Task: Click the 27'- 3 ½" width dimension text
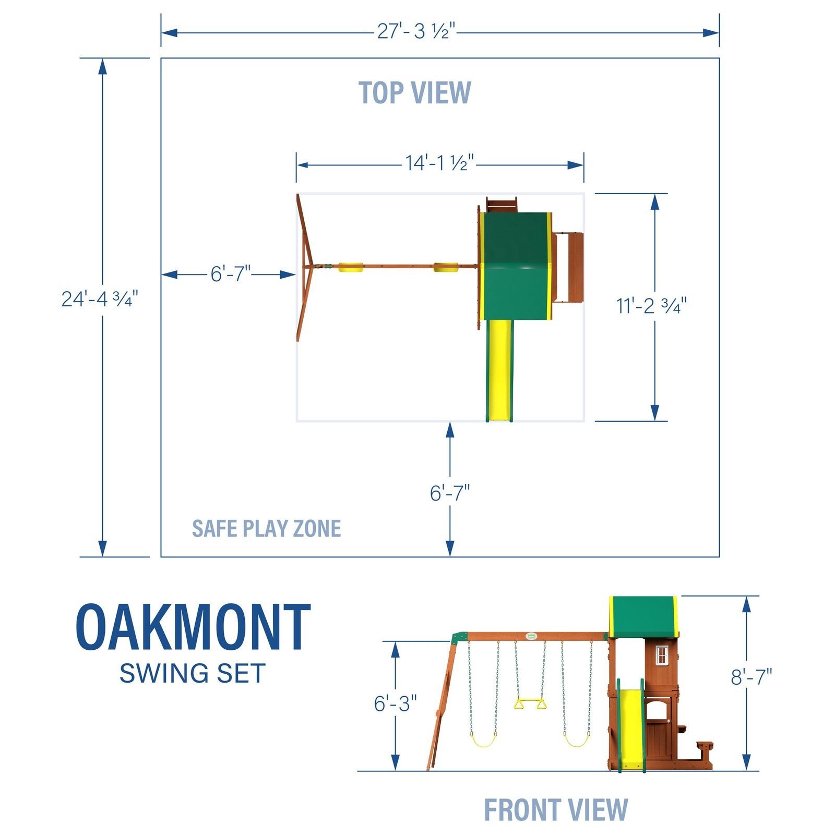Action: point(416,32)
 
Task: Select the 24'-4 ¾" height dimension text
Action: point(100,299)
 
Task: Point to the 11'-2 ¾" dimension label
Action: point(651,306)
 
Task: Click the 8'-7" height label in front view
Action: point(750,677)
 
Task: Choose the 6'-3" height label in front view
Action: point(395,703)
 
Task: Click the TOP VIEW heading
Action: point(415,93)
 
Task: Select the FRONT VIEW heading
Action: point(556,810)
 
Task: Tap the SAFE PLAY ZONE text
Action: point(266,529)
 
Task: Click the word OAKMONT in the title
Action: point(193,627)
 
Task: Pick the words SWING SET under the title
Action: point(192,673)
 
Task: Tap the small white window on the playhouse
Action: point(661,655)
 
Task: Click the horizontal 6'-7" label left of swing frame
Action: point(230,274)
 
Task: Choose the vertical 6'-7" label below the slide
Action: point(449,493)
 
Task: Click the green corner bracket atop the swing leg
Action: point(459,638)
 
